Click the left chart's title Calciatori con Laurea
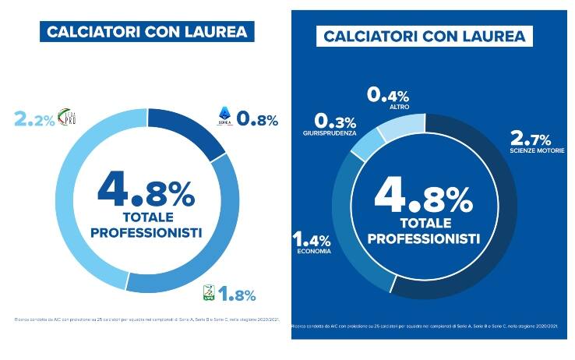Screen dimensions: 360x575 147,31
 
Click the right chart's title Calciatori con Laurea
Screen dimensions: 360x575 424,36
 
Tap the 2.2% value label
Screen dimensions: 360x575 34,119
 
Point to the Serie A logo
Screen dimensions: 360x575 225,118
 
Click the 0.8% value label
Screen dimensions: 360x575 256,119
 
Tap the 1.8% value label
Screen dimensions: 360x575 238,295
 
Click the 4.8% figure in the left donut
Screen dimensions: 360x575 147,189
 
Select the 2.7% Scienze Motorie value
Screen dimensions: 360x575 530,140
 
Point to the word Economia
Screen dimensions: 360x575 314,252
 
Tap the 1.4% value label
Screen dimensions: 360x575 312,239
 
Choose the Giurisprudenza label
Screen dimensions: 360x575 330,133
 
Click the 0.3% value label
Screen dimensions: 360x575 335,122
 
